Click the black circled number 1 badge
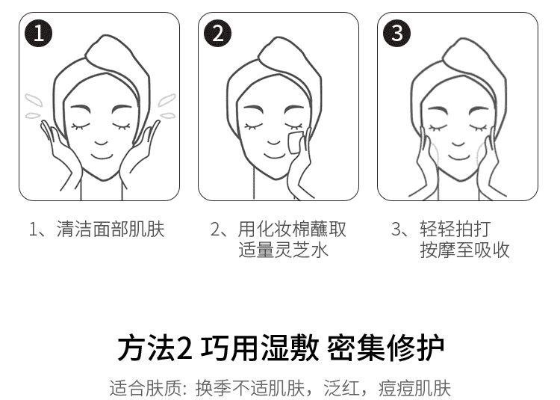(39, 33)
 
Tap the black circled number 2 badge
(217, 33)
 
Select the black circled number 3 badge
(396, 33)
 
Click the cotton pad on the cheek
(296, 143)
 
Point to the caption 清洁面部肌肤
(111, 229)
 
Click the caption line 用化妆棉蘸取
(292, 229)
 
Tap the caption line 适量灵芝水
(283, 250)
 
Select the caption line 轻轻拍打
(455, 229)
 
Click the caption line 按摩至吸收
(464, 250)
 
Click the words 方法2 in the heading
(155, 348)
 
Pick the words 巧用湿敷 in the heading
(260, 348)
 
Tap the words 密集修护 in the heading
(386, 348)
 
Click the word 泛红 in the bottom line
(341, 389)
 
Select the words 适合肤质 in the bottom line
(145, 389)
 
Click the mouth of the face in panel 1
(102, 156)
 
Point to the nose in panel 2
(273, 142)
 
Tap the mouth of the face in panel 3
(459, 157)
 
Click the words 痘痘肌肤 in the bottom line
(414, 389)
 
